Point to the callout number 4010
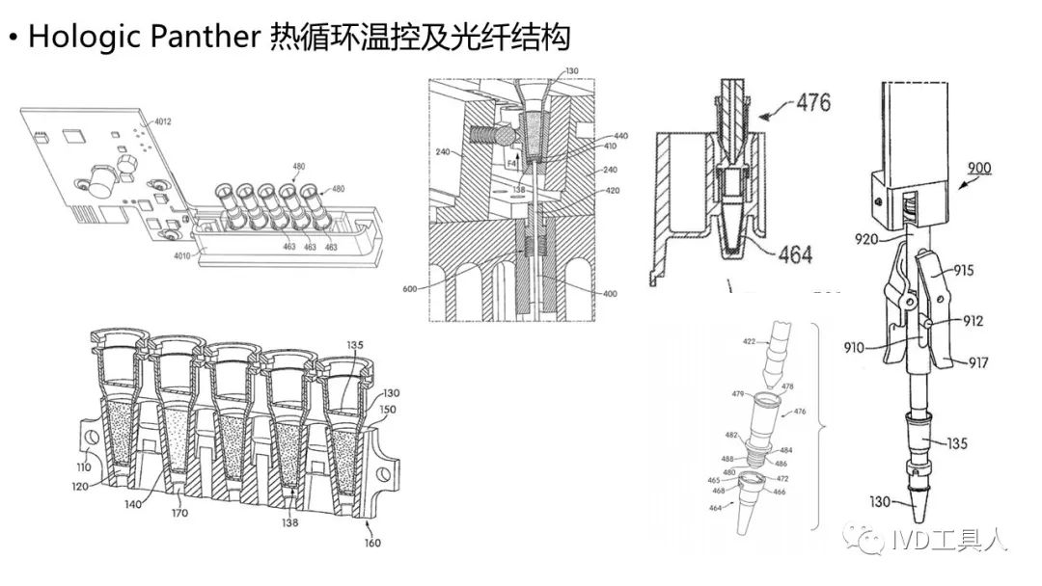click(x=184, y=256)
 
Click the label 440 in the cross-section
click(x=620, y=137)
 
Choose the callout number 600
click(x=410, y=286)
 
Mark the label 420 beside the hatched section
click(x=613, y=191)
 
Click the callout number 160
click(x=371, y=543)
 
